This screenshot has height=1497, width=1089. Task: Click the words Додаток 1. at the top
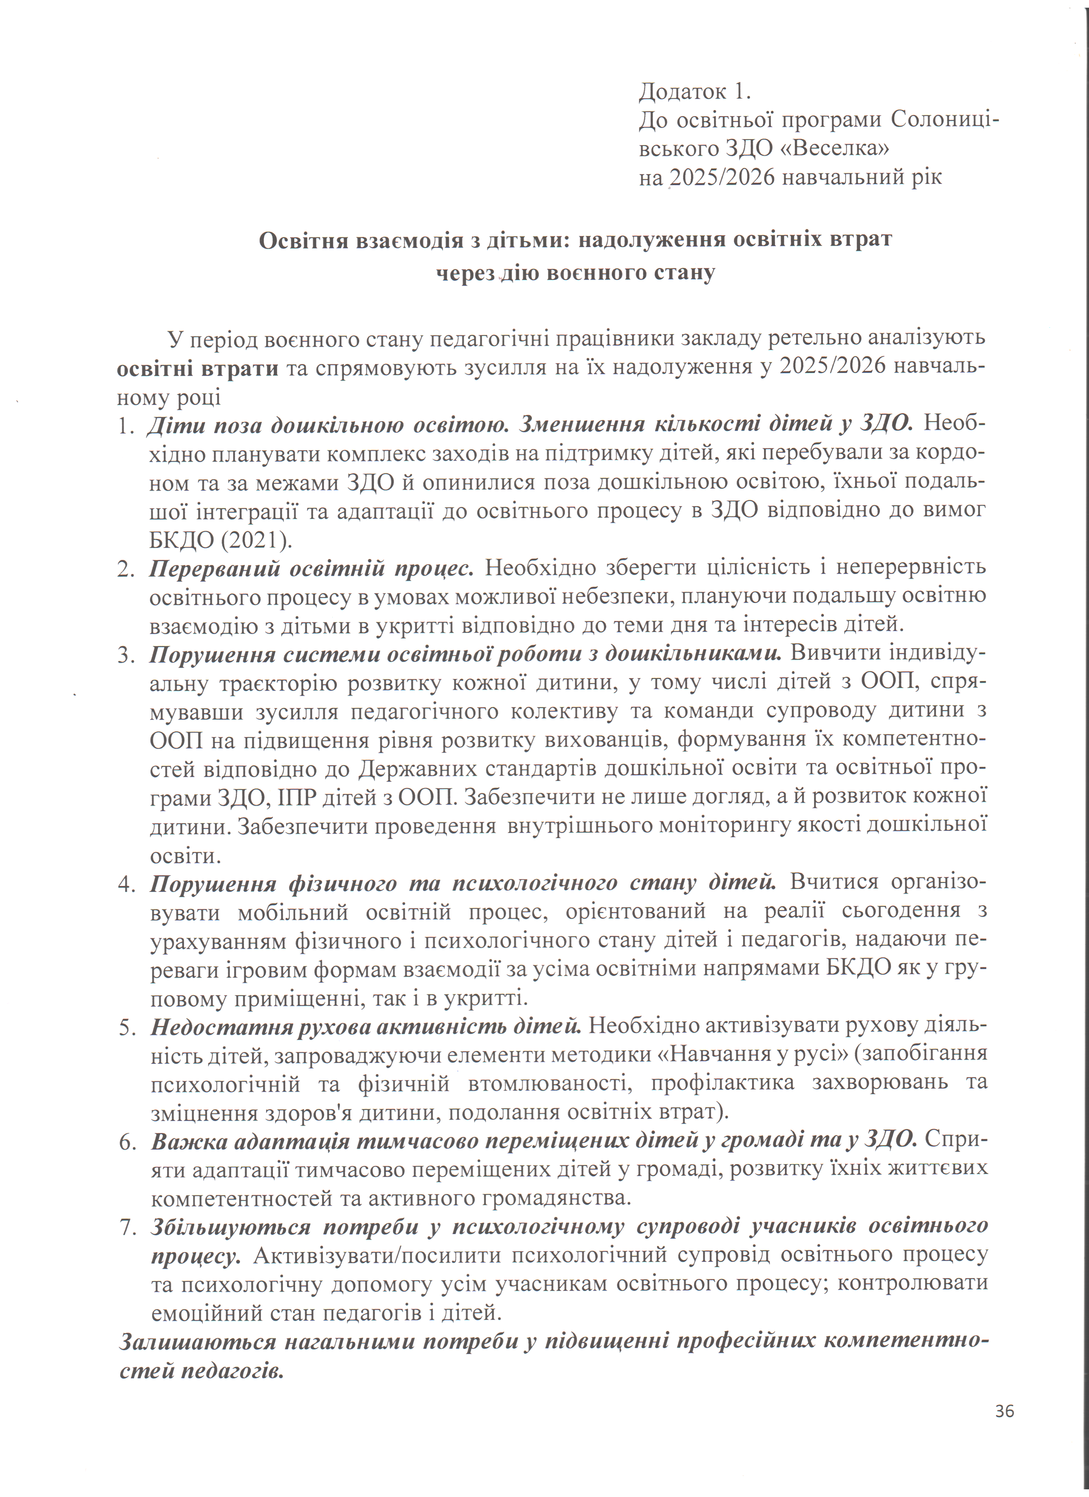click(695, 92)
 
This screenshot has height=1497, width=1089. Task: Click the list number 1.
click(126, 426)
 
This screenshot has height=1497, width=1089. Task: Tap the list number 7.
click(127, 1227)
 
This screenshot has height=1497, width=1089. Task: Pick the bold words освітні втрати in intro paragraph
click(197, 368)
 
